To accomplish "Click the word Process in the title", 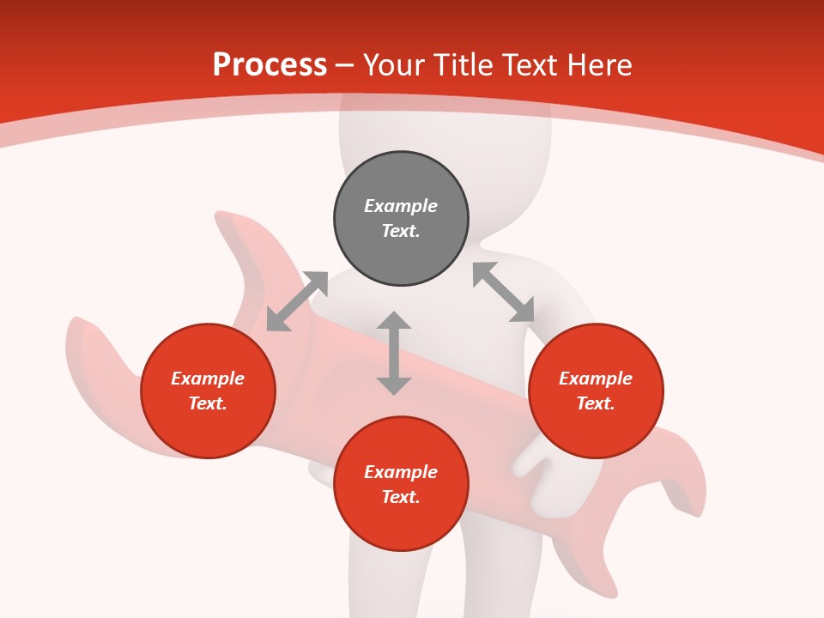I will click(x=270, y=65).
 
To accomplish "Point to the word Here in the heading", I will click(x=600, y=65).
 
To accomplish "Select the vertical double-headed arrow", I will click(x=394, y=353).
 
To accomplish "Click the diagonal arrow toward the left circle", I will click(x=297, y=301).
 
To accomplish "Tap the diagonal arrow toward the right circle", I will click(x=504, y=293).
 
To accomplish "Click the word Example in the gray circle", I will click(x=401, y=206).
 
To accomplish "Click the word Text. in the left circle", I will click(x=208, y=403).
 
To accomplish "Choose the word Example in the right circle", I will click(x=596, y=379).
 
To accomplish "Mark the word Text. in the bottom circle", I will click(x=401, y=497).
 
